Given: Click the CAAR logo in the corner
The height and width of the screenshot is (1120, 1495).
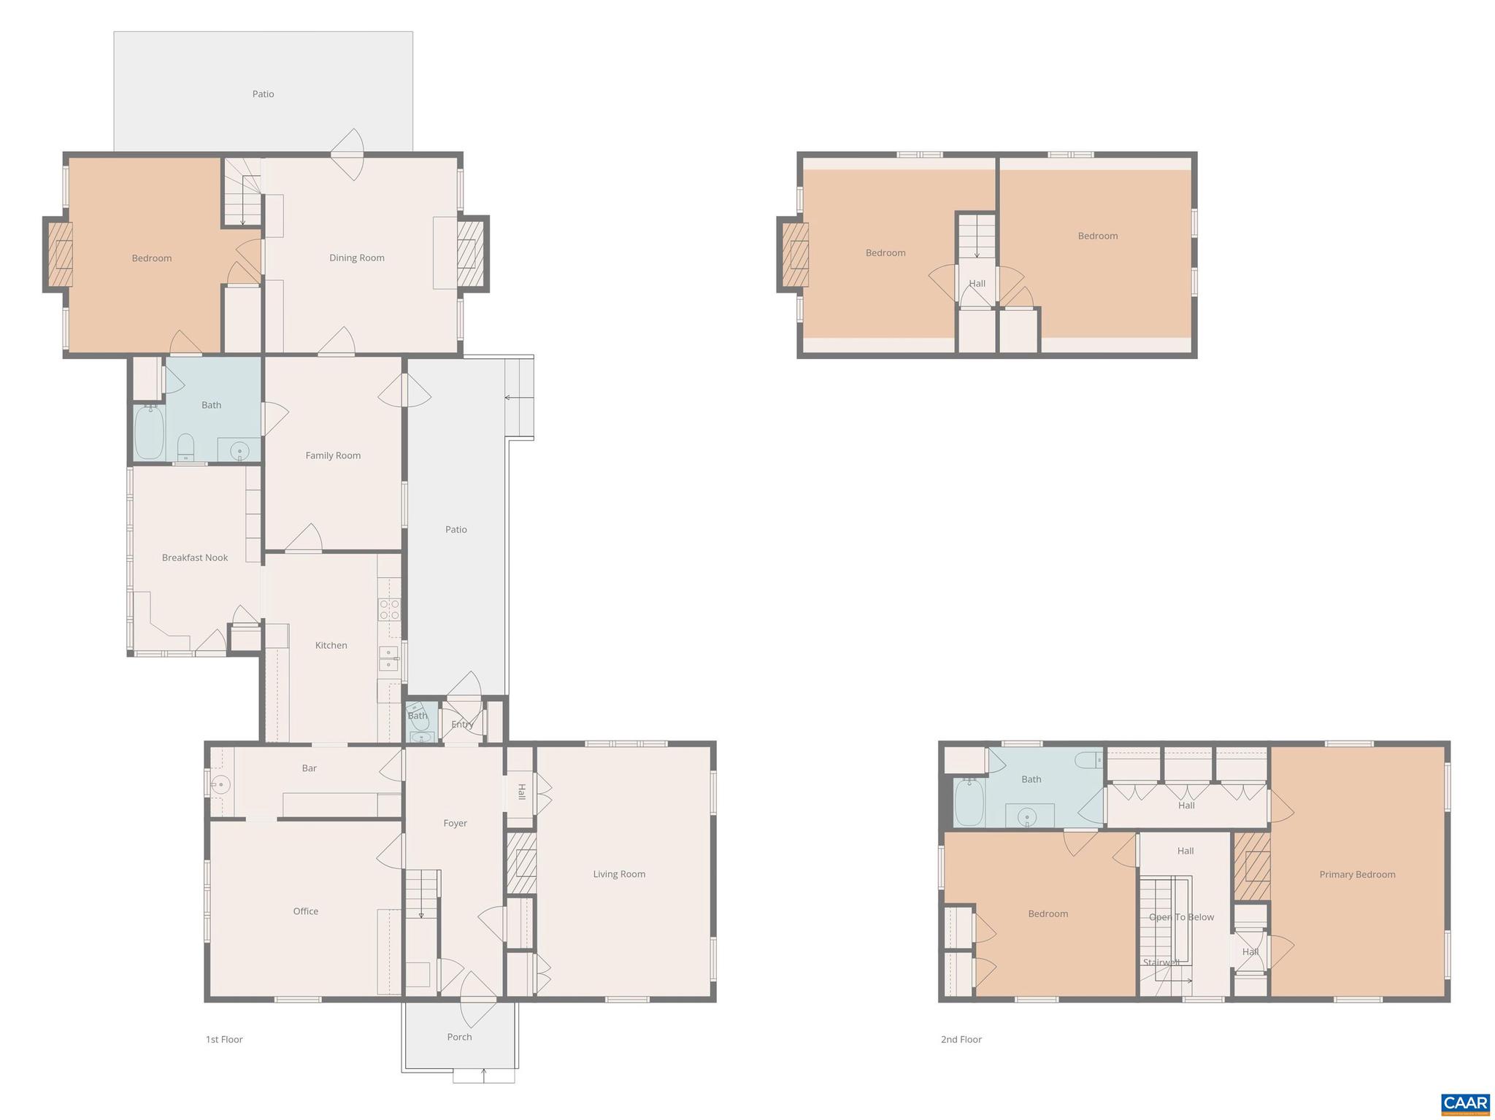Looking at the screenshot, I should click(1464, 1103).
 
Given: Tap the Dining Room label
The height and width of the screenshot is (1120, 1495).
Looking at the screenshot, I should click(356, 258).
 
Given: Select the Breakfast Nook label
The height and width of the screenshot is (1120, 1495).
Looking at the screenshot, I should click(195, 557).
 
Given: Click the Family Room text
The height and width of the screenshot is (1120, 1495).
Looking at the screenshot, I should click(333, 455).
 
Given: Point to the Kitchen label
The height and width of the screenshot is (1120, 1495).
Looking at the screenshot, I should click(331, 645).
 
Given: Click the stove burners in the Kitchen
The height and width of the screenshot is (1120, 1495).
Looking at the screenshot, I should click(389, 609).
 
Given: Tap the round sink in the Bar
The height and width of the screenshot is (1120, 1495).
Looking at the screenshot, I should click(221, 785).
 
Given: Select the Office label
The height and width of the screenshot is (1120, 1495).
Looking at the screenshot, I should click(305, 911).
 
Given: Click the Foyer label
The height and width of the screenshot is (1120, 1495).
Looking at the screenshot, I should click(455, 823).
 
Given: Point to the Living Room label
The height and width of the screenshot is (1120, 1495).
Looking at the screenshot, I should click(619, 874).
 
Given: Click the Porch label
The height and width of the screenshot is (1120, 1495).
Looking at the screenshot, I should click(459, 1037).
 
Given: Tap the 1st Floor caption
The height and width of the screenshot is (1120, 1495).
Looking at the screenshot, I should click(224, 1039).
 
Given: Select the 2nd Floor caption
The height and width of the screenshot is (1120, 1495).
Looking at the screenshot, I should click(961, 1039).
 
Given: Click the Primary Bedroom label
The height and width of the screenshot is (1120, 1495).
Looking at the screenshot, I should click(1357, 874).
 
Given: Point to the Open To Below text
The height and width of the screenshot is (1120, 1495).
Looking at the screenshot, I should click(1181, 917).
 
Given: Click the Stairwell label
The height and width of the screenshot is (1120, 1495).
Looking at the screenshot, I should click(1161, 962).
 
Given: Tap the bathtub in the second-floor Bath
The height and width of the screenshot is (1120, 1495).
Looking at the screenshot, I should click(969, 803).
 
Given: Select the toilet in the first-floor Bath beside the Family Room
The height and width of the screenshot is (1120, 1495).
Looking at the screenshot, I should click(186, 447).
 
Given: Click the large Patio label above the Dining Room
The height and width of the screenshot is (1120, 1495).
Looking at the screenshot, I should click(263, 94).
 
